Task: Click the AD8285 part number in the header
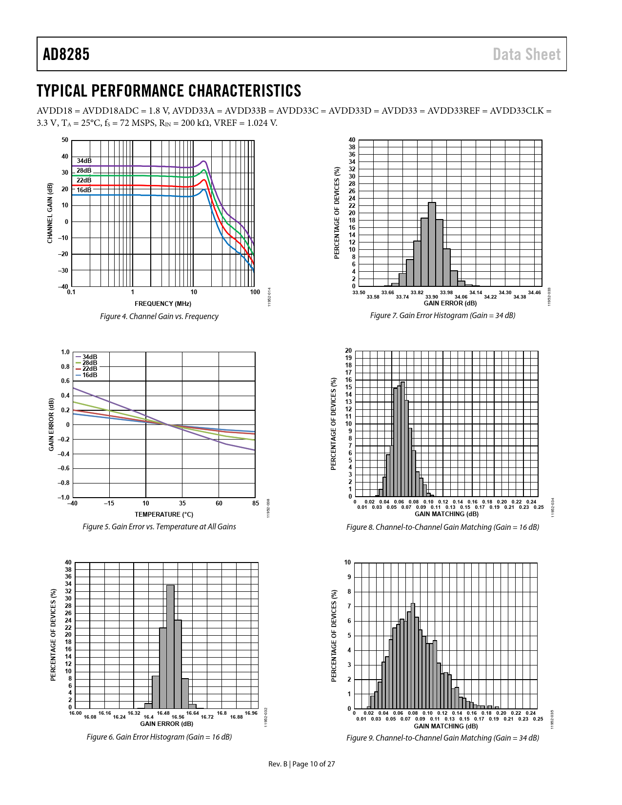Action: click(x=66, y=54)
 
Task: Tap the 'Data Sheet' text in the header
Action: click(x=526, y=54)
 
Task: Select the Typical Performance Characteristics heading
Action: click(x=169, y=91)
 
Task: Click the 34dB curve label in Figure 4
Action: click(x=84, y=161)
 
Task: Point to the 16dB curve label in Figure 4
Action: click(x=84, y=190)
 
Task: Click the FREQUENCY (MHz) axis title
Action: click(x=163, y=303)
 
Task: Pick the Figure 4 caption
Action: click(x=159, y=316)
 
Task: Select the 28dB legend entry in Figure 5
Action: click(x=89, y=362)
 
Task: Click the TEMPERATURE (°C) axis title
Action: click(x=164, y=514)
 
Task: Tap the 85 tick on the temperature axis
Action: click(x=256, y=503)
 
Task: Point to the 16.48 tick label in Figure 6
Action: click(x=163, y=713)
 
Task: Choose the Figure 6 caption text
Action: click(x=159, y=737)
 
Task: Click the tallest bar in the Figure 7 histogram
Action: click(x=432, y=244)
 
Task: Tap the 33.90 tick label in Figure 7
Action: click(x=432, y=297)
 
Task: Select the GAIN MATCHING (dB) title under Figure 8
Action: click(x=446, y=514)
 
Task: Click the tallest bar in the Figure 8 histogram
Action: click(x=402, y=439)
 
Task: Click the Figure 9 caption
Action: click(x=442, y=738)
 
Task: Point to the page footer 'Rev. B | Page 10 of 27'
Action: click(x=301, y=764)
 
